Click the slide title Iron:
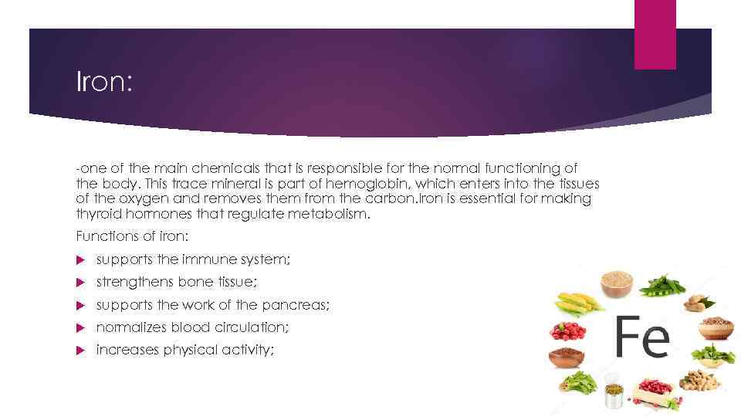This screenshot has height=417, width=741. [104, 81]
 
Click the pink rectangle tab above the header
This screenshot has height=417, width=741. [655, 35]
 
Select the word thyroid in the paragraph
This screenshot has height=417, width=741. [96, 213]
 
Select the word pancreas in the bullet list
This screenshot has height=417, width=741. [298, 305]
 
